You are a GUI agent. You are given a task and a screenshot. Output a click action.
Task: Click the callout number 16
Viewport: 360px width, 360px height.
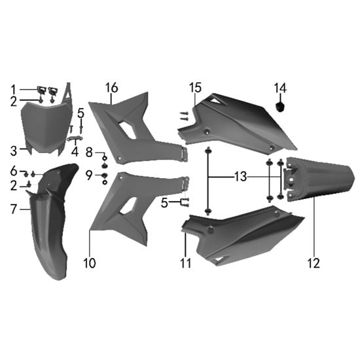(112, 88)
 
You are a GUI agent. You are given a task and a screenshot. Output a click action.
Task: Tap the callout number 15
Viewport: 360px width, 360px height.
(196, 88)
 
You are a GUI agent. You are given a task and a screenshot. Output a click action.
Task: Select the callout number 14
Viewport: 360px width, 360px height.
(280, 88)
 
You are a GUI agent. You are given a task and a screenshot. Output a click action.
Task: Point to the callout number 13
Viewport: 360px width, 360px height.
(240, 177)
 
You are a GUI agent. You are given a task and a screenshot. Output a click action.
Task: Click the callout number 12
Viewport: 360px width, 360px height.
(314, 263)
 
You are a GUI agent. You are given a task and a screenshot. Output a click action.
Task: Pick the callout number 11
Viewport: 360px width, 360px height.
(186, 263)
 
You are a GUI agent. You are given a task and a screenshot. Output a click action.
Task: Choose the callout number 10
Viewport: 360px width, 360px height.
(90, 263)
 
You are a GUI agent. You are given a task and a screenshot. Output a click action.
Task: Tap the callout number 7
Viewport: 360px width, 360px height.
(14, 209)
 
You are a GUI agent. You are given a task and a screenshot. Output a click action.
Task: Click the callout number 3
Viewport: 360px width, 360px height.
(14, 151)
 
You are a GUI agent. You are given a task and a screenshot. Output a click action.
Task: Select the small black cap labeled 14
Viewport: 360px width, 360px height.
(280, 106)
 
